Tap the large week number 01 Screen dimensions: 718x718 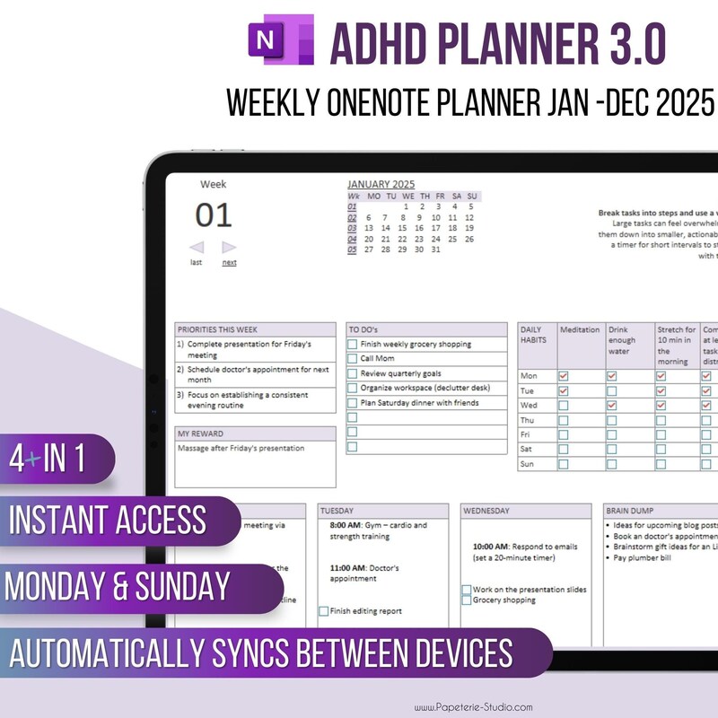point(214,215)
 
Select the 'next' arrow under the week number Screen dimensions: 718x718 point(230,248)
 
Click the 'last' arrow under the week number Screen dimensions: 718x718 point(197,248)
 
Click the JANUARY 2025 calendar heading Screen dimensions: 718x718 point(381,184)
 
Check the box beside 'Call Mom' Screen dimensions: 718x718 point(353,359)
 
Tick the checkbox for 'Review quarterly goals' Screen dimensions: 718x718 point(353,373)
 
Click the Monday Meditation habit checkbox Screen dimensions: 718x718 point(564,376)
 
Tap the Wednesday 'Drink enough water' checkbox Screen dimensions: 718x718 point(612,406)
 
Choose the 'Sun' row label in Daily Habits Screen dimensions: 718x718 point(528,464)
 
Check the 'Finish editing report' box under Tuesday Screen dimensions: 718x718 point(324,611)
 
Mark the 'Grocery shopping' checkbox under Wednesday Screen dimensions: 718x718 point(467,600)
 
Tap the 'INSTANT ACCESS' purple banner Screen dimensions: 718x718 point(108,521)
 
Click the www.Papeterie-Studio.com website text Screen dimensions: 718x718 point(474,706)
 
